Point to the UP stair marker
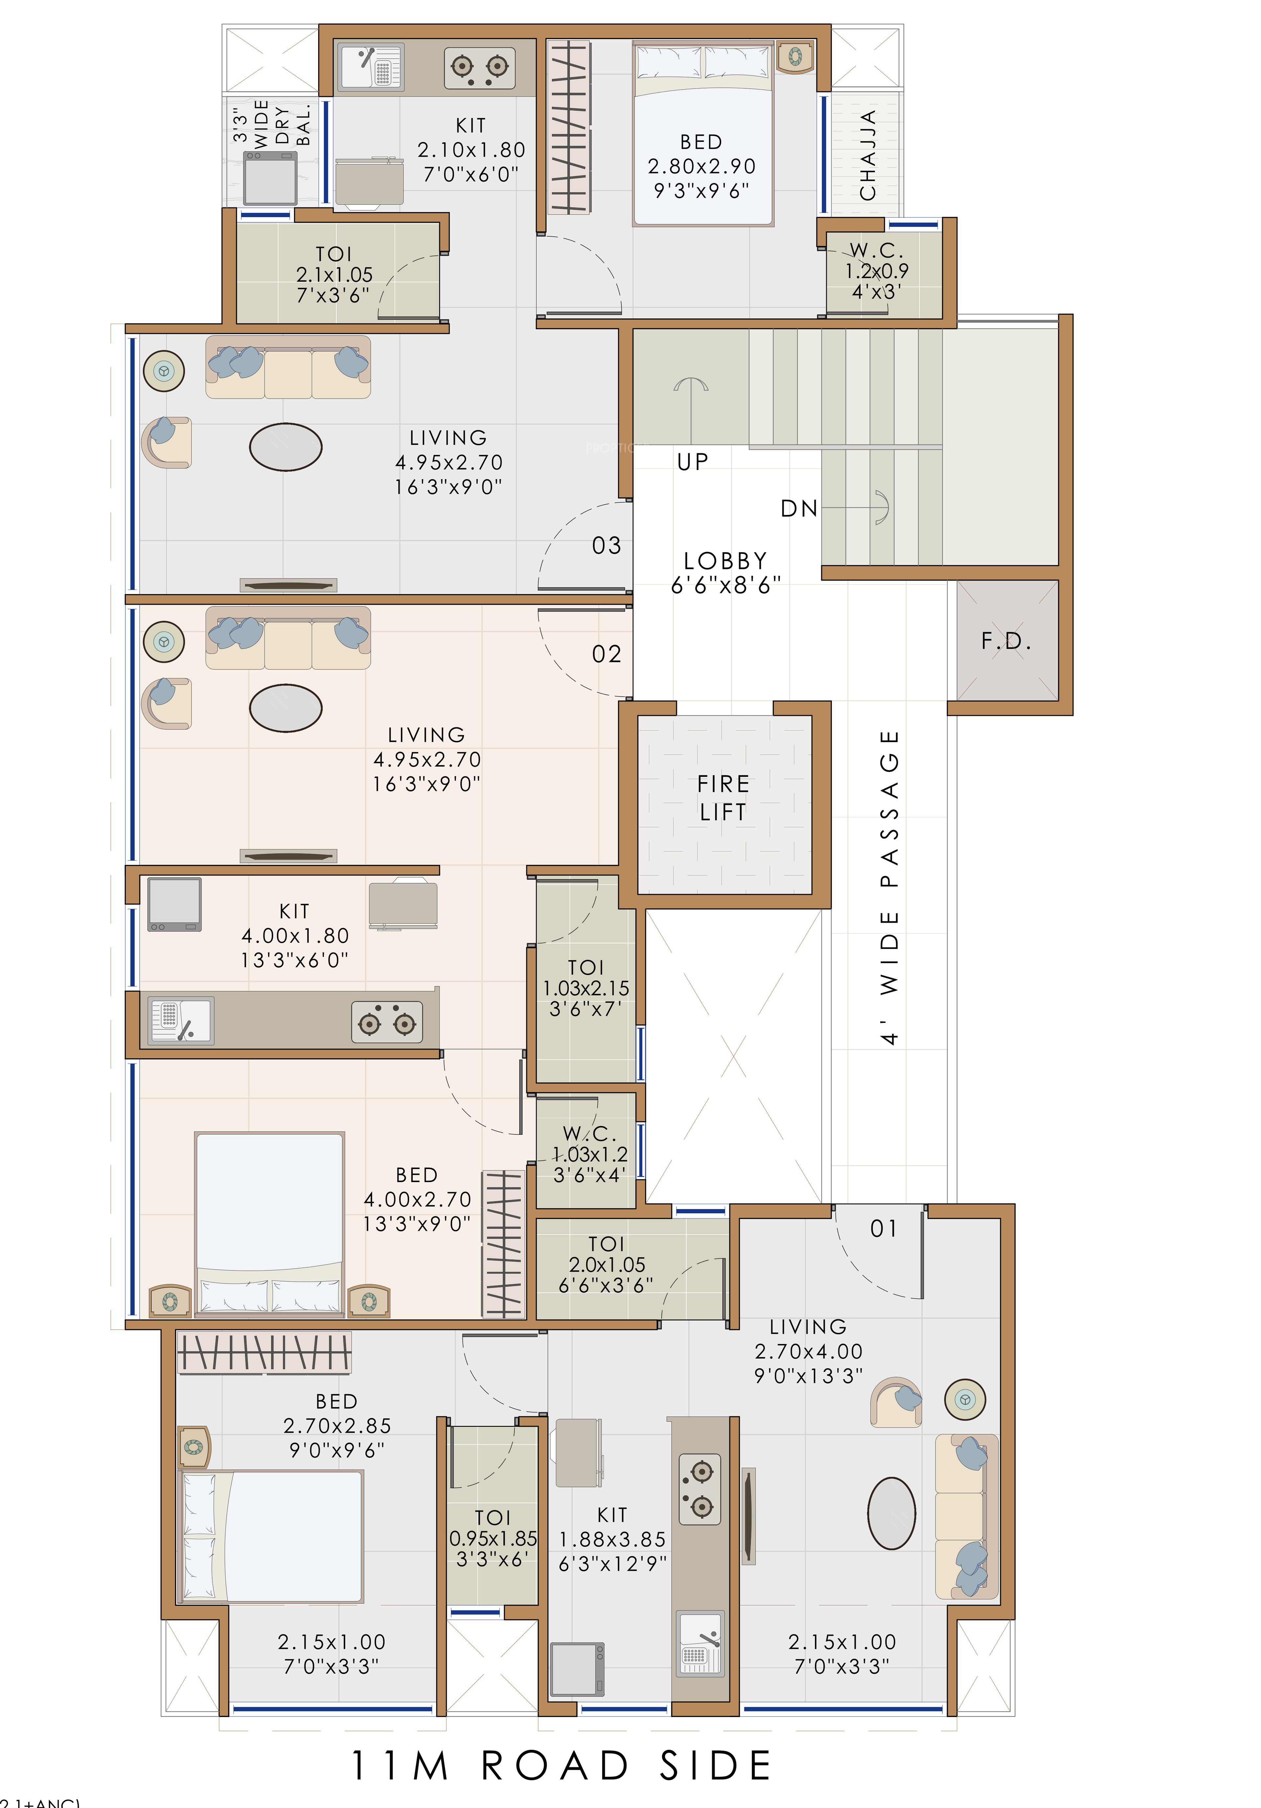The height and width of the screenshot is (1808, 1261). coord(692,462)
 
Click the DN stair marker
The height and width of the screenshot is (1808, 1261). coord(799,509)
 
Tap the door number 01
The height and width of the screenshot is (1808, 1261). coord(884,1229)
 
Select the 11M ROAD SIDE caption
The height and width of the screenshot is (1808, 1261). coord(561,1766)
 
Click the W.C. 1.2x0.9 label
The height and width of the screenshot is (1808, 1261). coord(877,270)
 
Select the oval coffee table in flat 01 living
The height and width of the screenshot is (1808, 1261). coord(892,1513)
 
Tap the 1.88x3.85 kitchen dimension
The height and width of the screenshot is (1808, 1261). coord(612,1539)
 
